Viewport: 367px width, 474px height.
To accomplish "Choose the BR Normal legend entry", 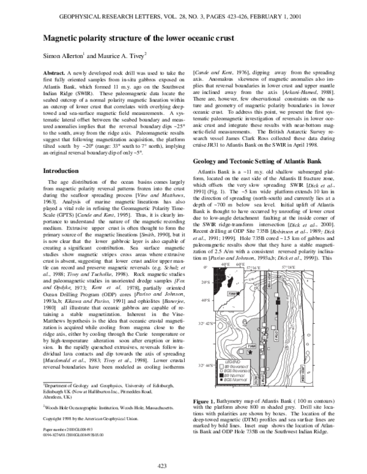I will [x=226, y=374].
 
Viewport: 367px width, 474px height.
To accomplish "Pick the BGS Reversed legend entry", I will [x=228, y=371].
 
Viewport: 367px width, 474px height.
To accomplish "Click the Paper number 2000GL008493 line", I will [x=70, y=429].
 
